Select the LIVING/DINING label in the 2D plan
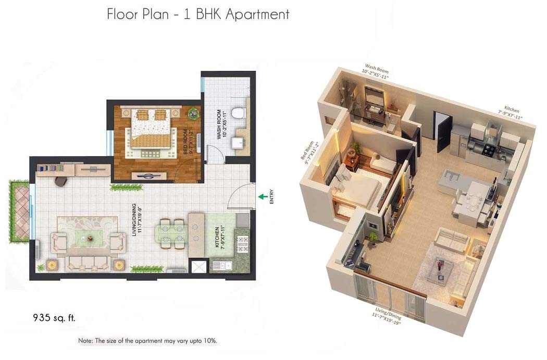(x=137, y=221)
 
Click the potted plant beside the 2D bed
(x=194, y=113)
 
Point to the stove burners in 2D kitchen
(x=243, y=243)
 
